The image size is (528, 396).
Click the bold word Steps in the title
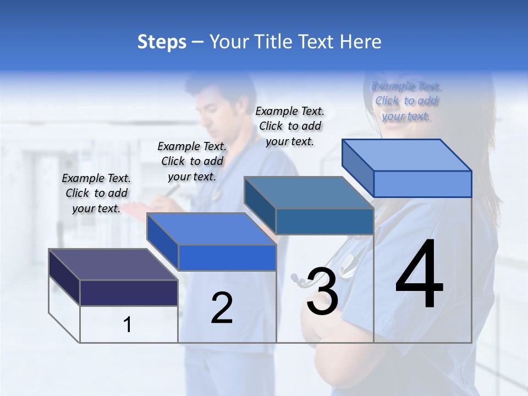coord(162,42)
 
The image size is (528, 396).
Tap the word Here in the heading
coord(359,42)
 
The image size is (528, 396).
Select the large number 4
coord(419,275)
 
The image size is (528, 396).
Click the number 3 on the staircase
coord(322,292)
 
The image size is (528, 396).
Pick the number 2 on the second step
coord(222,308)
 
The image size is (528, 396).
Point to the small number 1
coord(128,324)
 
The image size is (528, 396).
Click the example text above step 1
coord(96,193)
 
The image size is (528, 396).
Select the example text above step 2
coord(192,161)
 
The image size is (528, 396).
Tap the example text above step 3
coord(290,126)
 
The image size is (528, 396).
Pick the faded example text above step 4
coord(406,101)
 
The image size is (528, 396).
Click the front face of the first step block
coord(129,293)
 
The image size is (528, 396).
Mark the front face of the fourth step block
coord(422,184)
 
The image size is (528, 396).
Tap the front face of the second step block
coord(227,257)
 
